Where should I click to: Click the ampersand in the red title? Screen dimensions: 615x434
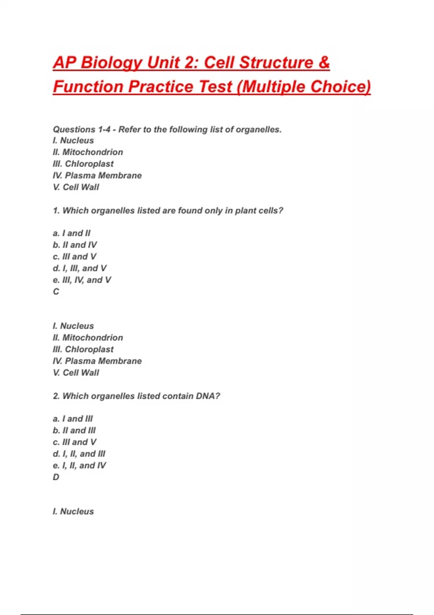[324, 63]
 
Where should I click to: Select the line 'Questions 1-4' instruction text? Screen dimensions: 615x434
[167, 130]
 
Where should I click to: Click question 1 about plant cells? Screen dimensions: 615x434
[168, 211]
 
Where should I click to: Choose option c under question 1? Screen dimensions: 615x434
[75, 256]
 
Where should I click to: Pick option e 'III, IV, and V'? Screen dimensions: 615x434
[82, 280]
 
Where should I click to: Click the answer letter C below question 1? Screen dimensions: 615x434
[56, 292]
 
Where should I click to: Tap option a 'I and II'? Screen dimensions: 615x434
[72, 233]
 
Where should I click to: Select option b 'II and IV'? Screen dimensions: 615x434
[75, 245]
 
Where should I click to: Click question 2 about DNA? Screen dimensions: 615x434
[136, 396]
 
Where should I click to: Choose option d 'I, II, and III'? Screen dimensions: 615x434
[79, 454]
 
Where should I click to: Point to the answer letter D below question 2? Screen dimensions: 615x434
[56, 477]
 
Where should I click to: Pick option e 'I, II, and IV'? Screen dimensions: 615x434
[80, 466]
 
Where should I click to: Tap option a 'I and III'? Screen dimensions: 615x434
[73, 419]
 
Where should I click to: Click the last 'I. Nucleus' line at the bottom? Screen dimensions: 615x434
[73, 512]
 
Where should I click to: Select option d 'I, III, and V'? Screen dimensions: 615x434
[80, 268]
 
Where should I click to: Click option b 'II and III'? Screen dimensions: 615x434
[74, 430]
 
